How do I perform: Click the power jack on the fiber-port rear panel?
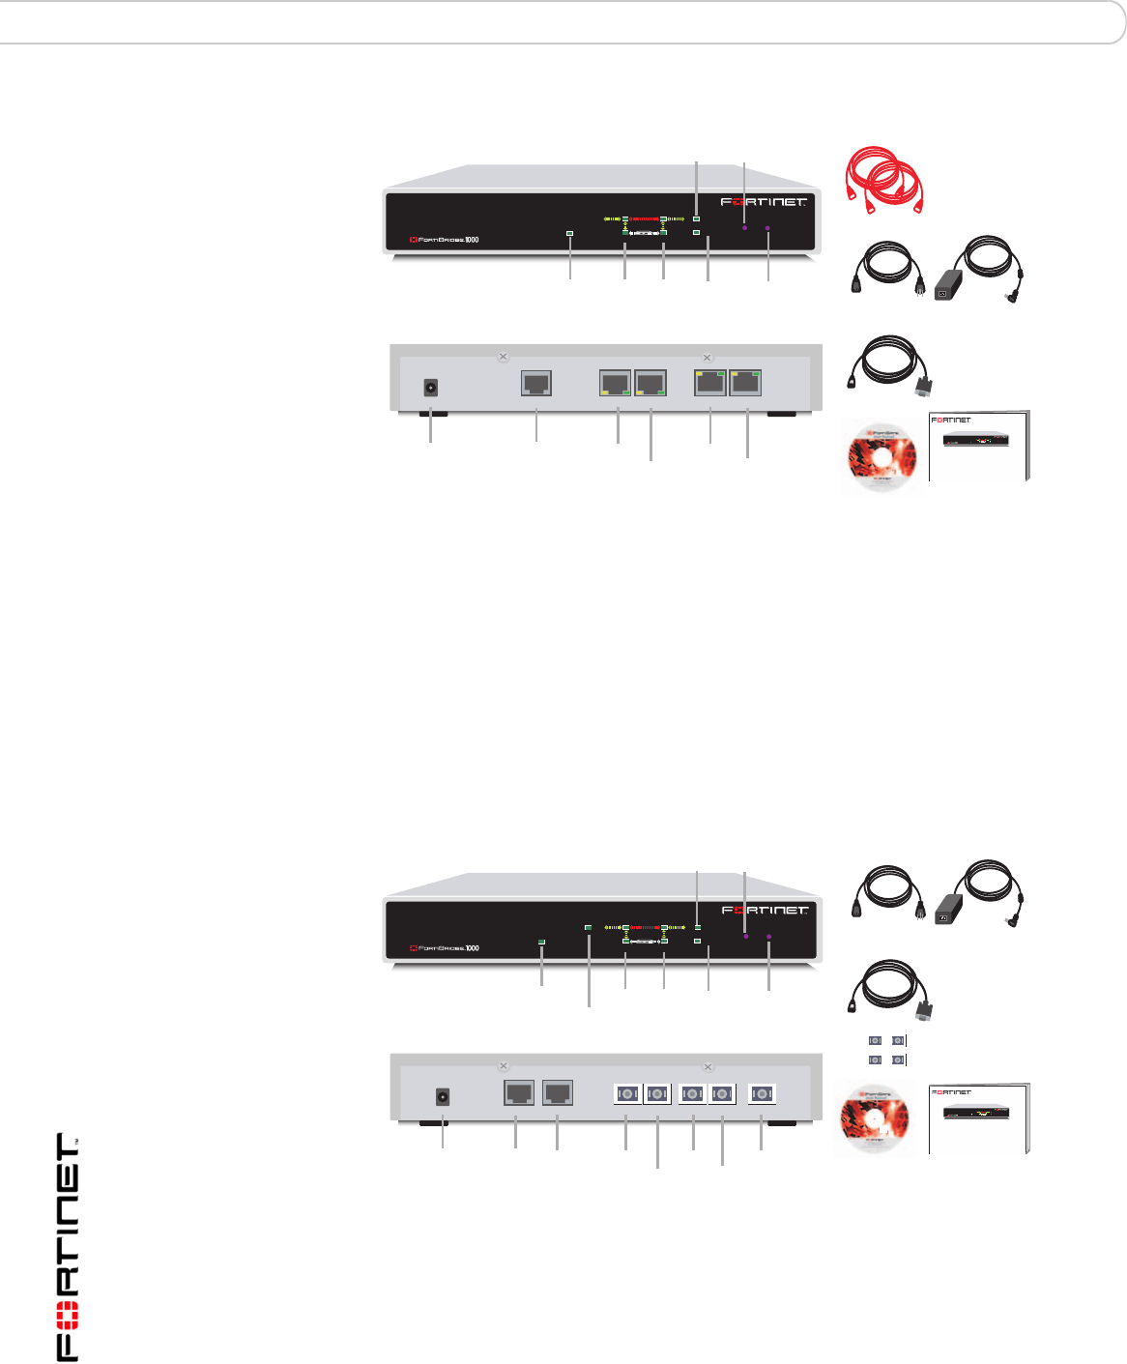click(x=444, y=1097)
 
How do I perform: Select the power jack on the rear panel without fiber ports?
click(x=430, y=388)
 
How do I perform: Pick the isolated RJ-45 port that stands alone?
click(x=536, y=382)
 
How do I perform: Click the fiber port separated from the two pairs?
click(x=763, y=1094)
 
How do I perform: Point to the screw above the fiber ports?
click(x=708, y=1067)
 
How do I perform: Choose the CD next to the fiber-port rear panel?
click(x=874, y=1121)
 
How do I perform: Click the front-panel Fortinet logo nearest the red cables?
click(x=764, y=202)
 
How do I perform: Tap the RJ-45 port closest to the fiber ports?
click(x=558, y=1093)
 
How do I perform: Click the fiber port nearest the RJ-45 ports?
click(x=627, y=1094)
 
